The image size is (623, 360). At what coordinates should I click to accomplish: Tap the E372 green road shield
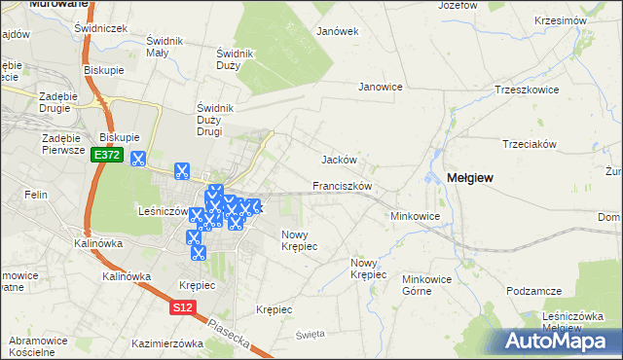(x=107, y=156)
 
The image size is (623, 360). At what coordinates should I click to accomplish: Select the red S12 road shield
(x=183, y=307)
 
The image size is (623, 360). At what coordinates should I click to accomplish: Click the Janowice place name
(x=381, y=87)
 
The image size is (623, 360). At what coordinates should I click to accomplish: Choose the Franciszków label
(x=342, y=185)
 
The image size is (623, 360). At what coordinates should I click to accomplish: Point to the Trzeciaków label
(x=529, y=143)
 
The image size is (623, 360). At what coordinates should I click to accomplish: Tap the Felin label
(x=38, y=196)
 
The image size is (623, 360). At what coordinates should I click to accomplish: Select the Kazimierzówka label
(x=167, y=343)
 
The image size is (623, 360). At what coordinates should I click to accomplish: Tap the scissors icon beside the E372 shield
(x=138, y=159)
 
